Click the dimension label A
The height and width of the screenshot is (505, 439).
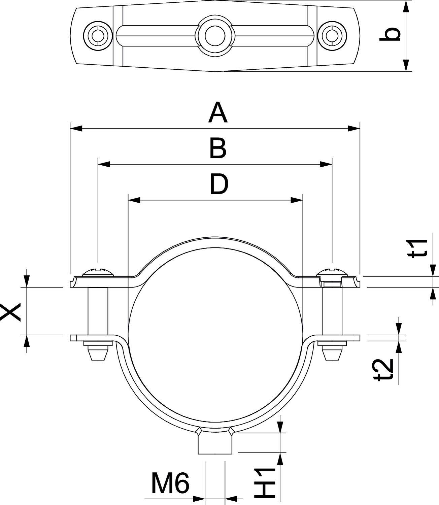(218, 113)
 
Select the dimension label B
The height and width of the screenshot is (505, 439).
(218, 149)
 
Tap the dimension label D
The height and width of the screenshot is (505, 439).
(219, 184)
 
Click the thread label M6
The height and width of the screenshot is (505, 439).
(170, 483)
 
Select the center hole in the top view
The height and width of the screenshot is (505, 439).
(215, 35)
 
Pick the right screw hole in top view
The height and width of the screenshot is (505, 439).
(332, 35)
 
